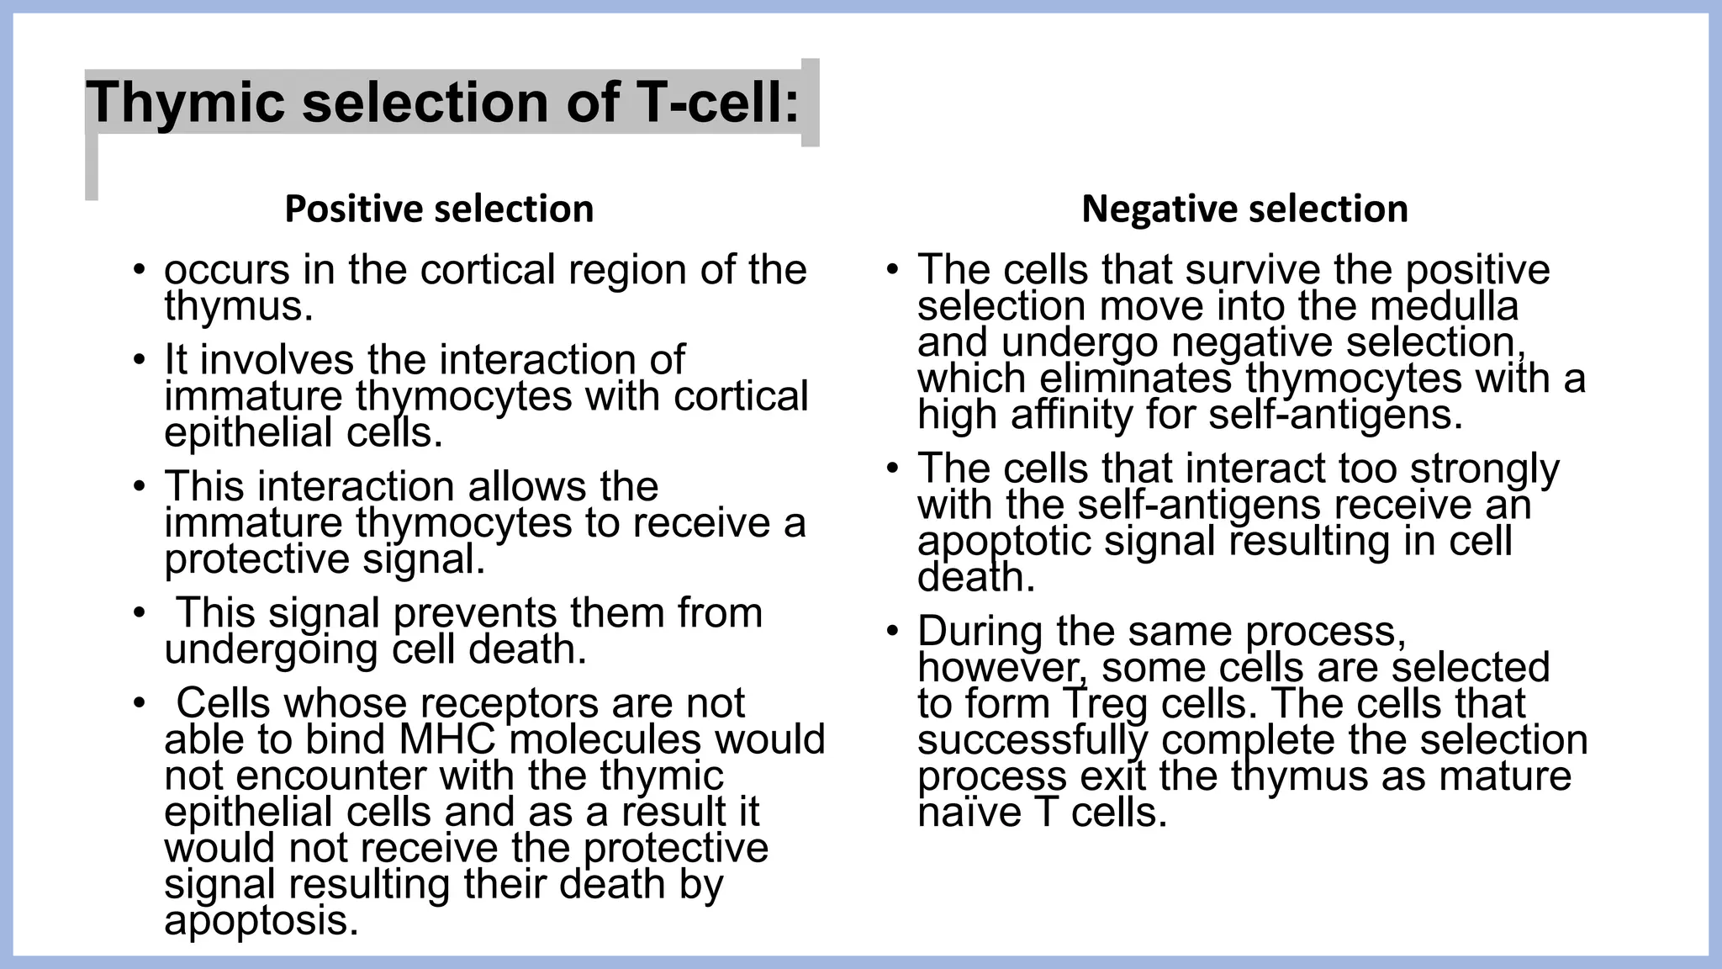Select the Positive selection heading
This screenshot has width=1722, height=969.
(439, 209)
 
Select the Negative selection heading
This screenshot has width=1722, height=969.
(1244, 209)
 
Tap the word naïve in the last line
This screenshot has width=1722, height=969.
(969, 813)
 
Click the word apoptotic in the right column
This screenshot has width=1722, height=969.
(1004, 541)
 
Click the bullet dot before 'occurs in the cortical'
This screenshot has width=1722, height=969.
(140, 271)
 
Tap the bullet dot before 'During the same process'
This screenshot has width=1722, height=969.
(893, 632)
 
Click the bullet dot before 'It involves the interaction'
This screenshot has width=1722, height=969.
(140, 361)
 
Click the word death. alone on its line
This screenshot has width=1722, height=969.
(975, 578)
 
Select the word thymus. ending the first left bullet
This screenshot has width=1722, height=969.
(239, 306)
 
